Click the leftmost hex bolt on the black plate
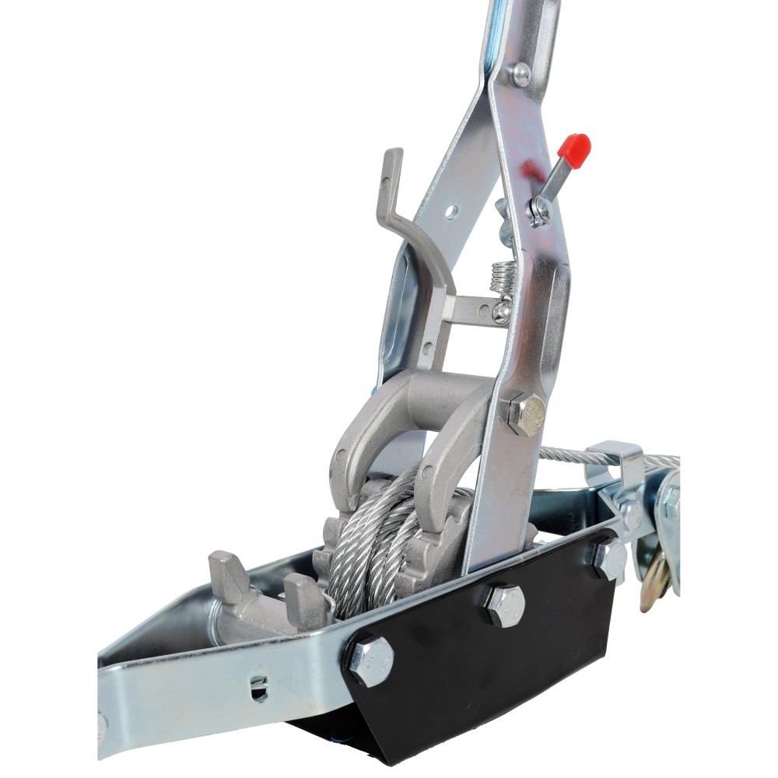371,661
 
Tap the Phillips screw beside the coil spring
503,310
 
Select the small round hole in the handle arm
450,211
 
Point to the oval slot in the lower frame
260,687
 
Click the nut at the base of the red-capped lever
539,210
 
